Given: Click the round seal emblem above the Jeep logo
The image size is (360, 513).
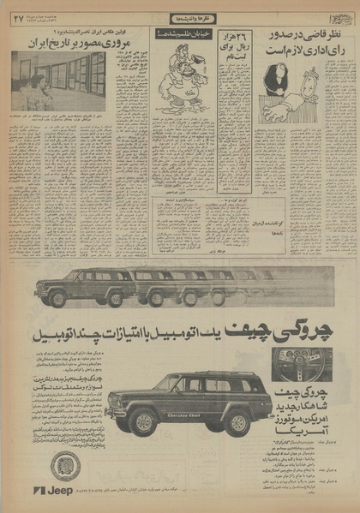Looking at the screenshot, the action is point(63,466).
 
